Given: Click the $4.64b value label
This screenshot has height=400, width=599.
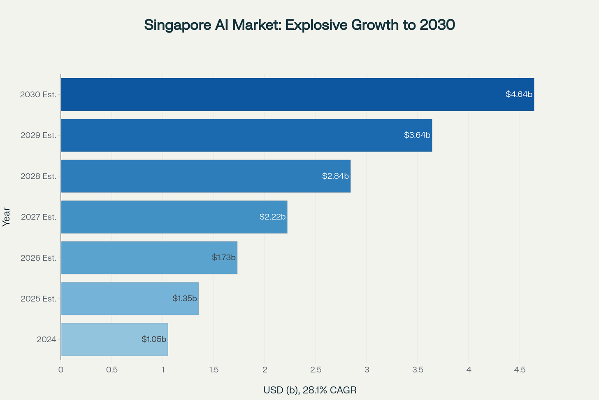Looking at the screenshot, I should (x=519, y=94).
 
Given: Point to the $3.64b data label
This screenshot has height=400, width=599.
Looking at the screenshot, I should (x=417, y=135).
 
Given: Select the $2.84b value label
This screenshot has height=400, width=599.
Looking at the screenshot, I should (x=335, y=176).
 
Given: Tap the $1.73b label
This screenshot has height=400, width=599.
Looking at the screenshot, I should (x=224, y=257).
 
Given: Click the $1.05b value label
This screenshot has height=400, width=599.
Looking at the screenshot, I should (x=154, y=339).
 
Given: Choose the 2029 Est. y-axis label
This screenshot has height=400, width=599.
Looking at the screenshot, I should (x=38, y=135).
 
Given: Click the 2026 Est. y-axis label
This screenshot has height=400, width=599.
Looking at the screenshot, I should (x=38, y=258).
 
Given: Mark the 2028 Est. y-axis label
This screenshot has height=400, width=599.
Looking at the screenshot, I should (x=38, y=176).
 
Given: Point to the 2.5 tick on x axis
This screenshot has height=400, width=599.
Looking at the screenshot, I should (x=316, y=370).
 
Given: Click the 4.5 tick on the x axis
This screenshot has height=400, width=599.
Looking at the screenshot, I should (x=520, y=370).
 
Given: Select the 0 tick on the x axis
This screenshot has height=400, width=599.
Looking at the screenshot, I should (x=61, y=370).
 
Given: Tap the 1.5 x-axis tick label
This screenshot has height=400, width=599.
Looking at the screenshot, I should (x=214, y=370).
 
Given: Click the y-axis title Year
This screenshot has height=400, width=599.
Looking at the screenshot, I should (x=6, y=217).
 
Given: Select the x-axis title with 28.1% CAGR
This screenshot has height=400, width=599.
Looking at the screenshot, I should (x=310, y=390).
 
